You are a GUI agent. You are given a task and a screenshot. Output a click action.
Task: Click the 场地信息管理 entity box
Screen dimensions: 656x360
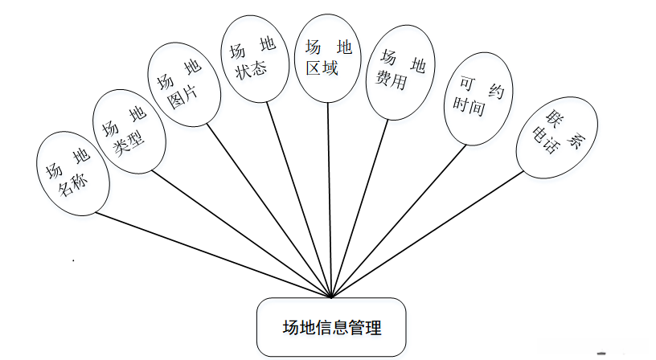pyautogui.click(x=331, y=328)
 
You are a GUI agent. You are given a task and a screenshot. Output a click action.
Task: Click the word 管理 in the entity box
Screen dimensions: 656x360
pyautogui.click(x=367, y=328)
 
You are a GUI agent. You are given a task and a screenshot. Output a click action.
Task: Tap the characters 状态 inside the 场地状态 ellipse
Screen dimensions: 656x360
pyautogui.click(x=250, y=70)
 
